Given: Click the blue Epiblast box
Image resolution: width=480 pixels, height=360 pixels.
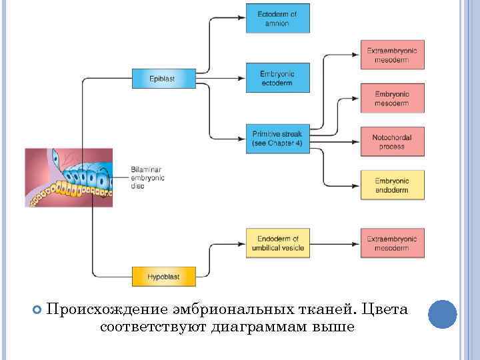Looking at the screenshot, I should [x=162, y=79].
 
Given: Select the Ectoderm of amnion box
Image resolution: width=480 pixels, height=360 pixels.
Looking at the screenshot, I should [x=277, y=19].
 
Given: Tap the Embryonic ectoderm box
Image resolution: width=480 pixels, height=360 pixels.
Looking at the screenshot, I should [x=277, y=79].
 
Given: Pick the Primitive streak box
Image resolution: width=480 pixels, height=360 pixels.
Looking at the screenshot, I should [x=277, y=138].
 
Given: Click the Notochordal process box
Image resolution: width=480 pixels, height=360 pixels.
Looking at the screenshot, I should [x=393, y=142].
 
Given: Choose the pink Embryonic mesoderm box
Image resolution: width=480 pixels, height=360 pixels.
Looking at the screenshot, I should [x=393, y=98].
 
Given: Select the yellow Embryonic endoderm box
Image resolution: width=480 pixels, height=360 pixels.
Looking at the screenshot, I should [x=393, y=185].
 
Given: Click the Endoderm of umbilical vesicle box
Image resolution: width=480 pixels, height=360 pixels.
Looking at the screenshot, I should [x=277, y=243].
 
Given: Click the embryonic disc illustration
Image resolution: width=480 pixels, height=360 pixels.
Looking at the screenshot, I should [x=69, y=177].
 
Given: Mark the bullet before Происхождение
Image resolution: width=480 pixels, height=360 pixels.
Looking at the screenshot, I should [x=37, y=311].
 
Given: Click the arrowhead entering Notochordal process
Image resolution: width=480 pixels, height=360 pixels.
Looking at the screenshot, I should [x=356, y=138].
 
